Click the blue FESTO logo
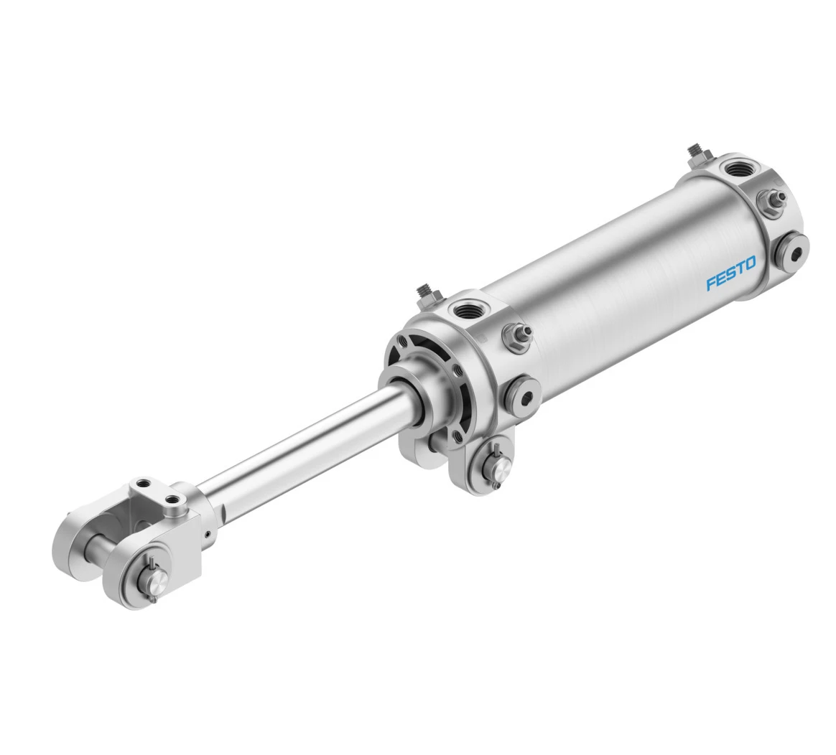tap(730, 273)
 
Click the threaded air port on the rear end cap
tap(737, 170)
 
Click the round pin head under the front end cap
tap(496, 468)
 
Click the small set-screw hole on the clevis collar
tap(207, 533)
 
